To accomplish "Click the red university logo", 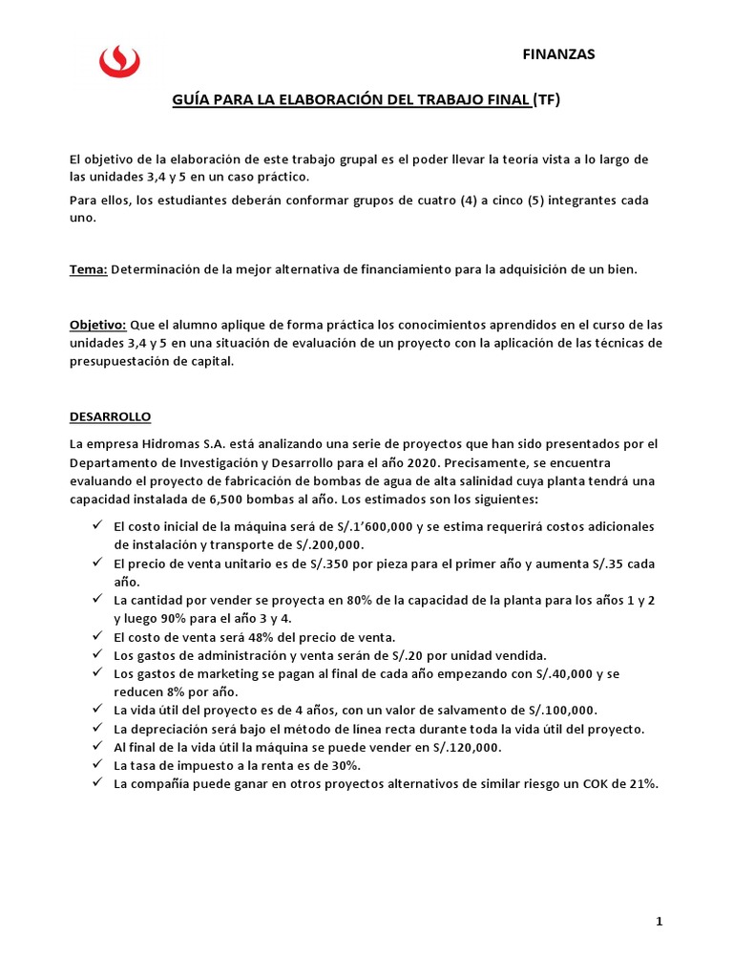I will coord(119,62).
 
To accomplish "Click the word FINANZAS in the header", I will coord(558,54).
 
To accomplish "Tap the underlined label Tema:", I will coord(89,270).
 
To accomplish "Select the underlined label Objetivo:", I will coord(98,326).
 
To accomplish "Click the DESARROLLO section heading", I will coord(111,417).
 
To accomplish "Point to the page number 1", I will coord(659,922).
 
